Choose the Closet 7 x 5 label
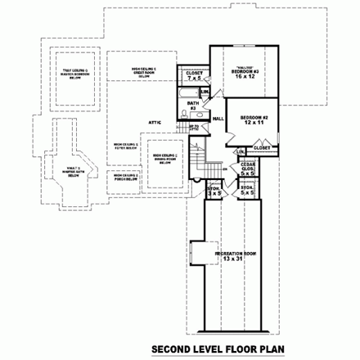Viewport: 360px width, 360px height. pyautogui.click(x=195, y=75)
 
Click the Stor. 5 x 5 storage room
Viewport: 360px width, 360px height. pyautogui.click(x=246, y=195)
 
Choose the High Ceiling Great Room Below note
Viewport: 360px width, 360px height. pyautogui.click(x=145, y=70)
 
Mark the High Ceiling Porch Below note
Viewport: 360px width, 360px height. pyautogui.click(x=125, y=178)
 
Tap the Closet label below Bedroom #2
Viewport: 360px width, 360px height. pyautogui.click(x=262, y=147)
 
